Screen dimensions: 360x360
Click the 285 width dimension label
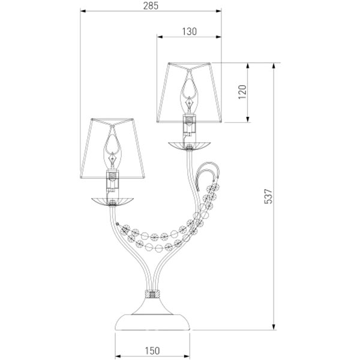151,6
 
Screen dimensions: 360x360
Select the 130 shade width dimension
188,31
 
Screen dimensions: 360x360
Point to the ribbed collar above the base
152,295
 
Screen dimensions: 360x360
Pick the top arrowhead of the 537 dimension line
275,64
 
